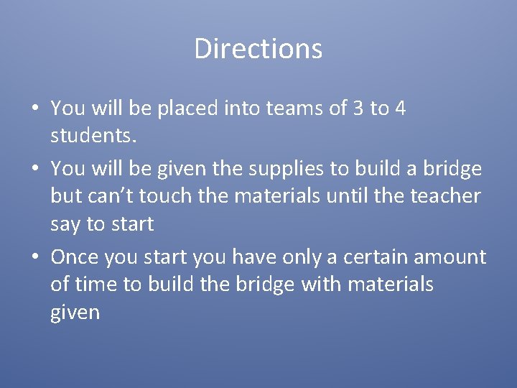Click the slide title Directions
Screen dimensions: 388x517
click(258, 49)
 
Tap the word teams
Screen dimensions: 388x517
click(286, 108)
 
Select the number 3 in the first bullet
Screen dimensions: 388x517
click(358, 108)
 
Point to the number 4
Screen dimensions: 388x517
click(400, 108)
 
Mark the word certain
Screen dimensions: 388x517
click(374, 257)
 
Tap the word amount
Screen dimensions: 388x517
click(452, 257)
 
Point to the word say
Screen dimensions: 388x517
click(66, 225)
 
